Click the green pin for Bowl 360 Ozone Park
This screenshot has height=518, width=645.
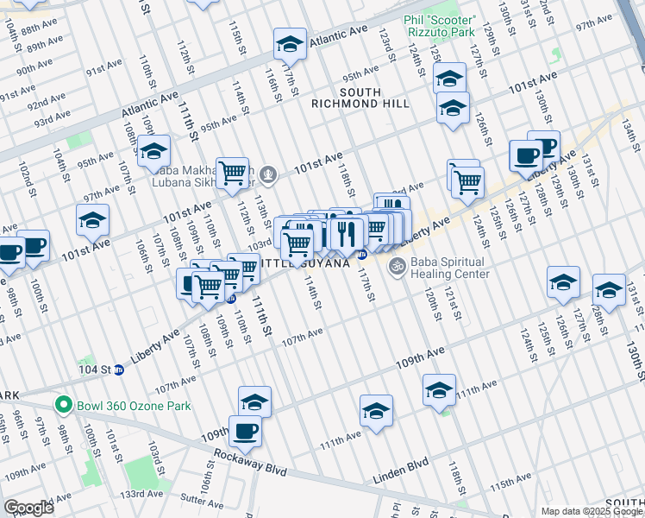[62, 403]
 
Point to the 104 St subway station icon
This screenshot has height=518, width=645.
[119, 370]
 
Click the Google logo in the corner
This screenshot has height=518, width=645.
[28, 508]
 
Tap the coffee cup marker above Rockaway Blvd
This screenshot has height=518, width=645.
[245, 432]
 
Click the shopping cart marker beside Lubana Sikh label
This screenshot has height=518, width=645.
[232, 174]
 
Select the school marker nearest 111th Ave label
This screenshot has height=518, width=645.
[440, 390]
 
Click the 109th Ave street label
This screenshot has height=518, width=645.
[421, 353]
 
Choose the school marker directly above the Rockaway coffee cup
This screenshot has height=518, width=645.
[254, 402]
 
